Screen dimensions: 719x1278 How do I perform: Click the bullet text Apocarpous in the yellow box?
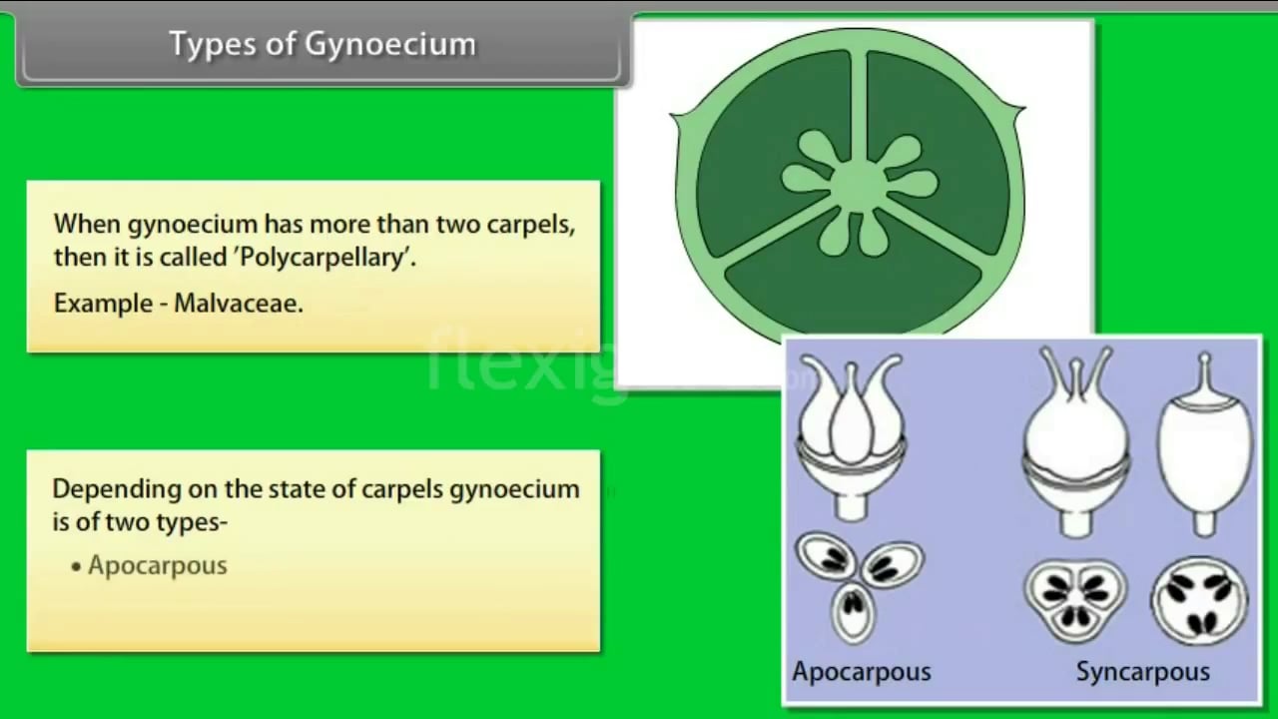[x=158, y=565]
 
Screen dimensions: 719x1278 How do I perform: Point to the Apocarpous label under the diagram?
[x=861, y=671]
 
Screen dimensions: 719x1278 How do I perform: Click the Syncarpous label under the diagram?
[x=1142, y=671]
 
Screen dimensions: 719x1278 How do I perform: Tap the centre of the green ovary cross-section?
[x=857, y=183]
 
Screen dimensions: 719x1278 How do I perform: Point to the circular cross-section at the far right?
[x=1199, y=598]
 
